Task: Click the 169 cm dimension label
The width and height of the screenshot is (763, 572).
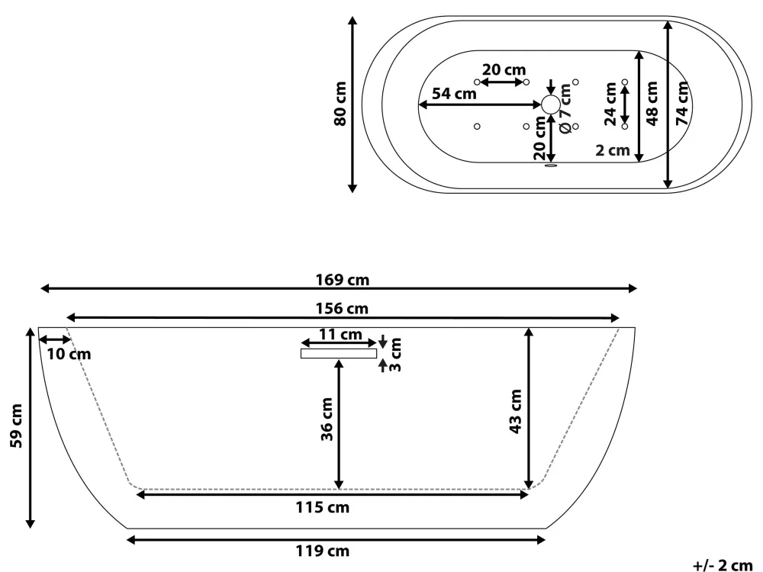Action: point(342,280)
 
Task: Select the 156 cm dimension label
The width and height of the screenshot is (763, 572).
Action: point(342,309)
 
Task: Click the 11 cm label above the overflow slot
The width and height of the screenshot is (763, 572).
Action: point(340,334)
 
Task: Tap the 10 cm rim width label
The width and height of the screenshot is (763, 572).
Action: point(68,354)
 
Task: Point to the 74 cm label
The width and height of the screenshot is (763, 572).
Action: point(682,103)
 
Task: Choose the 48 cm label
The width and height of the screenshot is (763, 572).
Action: point(652,103)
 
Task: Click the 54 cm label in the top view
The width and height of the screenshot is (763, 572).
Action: point(454,94)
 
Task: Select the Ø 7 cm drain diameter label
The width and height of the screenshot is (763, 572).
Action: point(565,108)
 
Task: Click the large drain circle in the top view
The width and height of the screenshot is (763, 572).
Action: point(551,105)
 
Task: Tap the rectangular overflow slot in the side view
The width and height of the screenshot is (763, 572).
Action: point(339,353)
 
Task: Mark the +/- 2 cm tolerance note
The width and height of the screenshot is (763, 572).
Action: point(722,564)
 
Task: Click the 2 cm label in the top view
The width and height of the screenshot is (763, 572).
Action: point(613,150)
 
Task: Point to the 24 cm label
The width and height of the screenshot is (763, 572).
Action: point(610,103)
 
